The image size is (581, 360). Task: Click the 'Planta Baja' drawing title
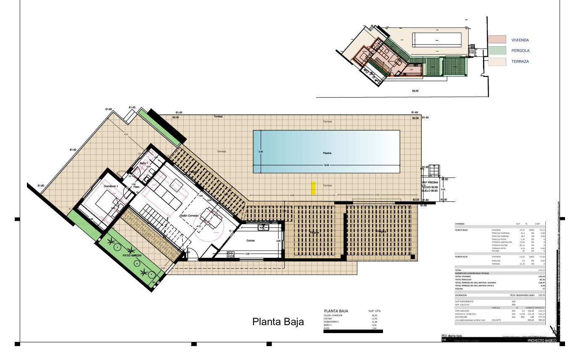[278, 322]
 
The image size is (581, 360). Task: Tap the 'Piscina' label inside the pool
[327, 154]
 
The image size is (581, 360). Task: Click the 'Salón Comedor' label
[190, 215]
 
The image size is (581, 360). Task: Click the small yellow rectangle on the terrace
[313, 188]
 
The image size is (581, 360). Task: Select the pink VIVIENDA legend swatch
[497, 40]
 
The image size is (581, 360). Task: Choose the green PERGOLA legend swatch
[497, 50]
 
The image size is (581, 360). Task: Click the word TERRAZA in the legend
[520, 61]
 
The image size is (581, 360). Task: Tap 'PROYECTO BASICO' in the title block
[542, 341]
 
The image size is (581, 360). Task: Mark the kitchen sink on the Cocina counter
[262, 228]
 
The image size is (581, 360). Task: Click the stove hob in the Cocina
[230, 254]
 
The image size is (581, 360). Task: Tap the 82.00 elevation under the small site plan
[415, 91]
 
